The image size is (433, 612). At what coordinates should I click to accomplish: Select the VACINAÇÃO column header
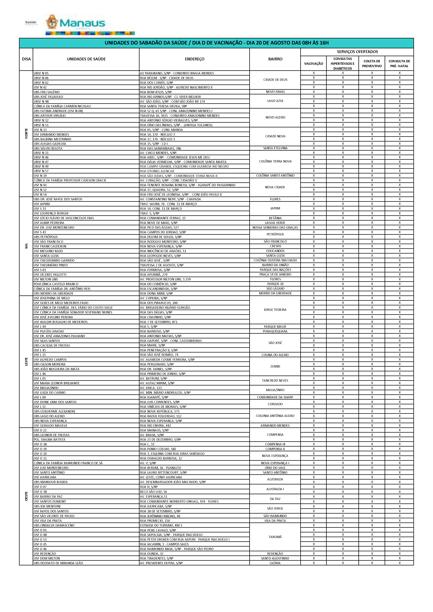coord(314,64)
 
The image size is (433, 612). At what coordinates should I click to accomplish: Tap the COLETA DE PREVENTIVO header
coord(372,64)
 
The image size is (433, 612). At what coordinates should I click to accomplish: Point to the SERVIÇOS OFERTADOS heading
coord(357,52)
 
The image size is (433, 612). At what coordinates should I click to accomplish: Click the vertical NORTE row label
coord(26,133)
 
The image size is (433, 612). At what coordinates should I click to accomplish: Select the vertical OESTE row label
coord(26,496)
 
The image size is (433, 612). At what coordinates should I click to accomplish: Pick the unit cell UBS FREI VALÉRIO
coord(47,92)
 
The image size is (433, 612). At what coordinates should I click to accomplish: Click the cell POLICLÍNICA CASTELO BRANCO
coord(56,284)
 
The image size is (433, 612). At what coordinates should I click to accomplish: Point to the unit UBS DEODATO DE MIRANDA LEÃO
coord(58,563)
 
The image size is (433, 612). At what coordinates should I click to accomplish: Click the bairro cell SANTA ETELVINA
coord(275,148)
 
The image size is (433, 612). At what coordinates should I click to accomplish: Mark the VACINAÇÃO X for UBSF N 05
coord(314,73)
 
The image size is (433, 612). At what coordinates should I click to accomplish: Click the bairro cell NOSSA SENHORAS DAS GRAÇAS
coord(275,228)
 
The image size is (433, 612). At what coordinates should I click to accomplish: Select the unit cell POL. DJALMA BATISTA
coord(50,440)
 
